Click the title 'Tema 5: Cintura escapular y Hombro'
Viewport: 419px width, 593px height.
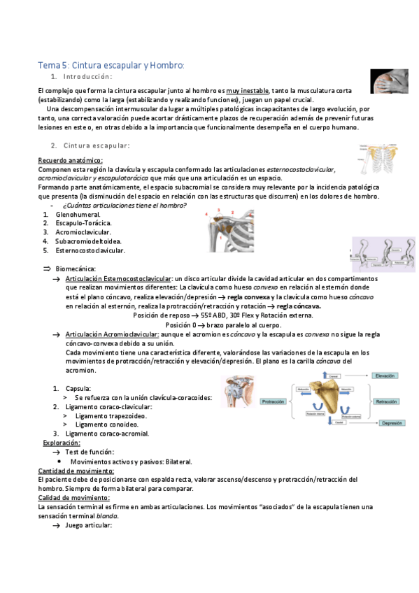[x=111, y=65]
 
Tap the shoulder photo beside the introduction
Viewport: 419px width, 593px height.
[x=389, y=81]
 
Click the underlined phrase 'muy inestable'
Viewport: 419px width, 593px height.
[x=247, y=91]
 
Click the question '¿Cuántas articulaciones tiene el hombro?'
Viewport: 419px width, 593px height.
[x=125, y=205]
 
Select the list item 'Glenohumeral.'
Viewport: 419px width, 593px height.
[x=78, y=214]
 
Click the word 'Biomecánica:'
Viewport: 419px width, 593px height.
[x=76, y=269]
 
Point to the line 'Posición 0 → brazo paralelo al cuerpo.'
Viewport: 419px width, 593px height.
[x=223, y=325]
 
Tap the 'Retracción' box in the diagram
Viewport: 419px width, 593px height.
[x=386, y=402]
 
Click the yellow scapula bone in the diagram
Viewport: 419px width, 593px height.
[x=329, y=399]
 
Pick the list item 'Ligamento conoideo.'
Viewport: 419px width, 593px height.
[x=107, y=424]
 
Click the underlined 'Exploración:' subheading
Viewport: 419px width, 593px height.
[x=62, y=443]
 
